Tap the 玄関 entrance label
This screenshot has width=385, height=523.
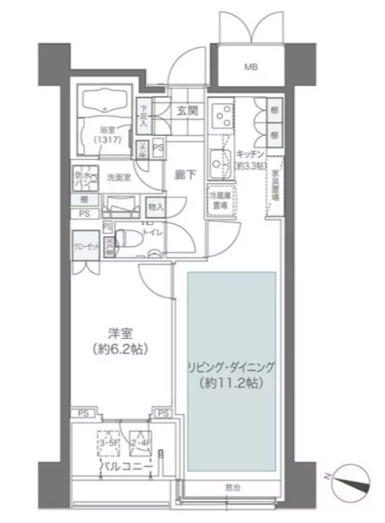pos(183,112)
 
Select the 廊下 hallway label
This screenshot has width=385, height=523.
pos(185,175)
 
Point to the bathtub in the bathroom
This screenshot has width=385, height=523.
pos(106,102)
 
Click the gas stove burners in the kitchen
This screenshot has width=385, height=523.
pos(219,114)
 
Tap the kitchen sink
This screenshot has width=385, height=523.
pos(218,159)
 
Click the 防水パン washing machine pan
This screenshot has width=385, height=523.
pos(81,179)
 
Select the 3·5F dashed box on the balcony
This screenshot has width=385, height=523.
pos(110,441)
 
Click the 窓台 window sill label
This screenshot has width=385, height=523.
pos(230,486)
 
